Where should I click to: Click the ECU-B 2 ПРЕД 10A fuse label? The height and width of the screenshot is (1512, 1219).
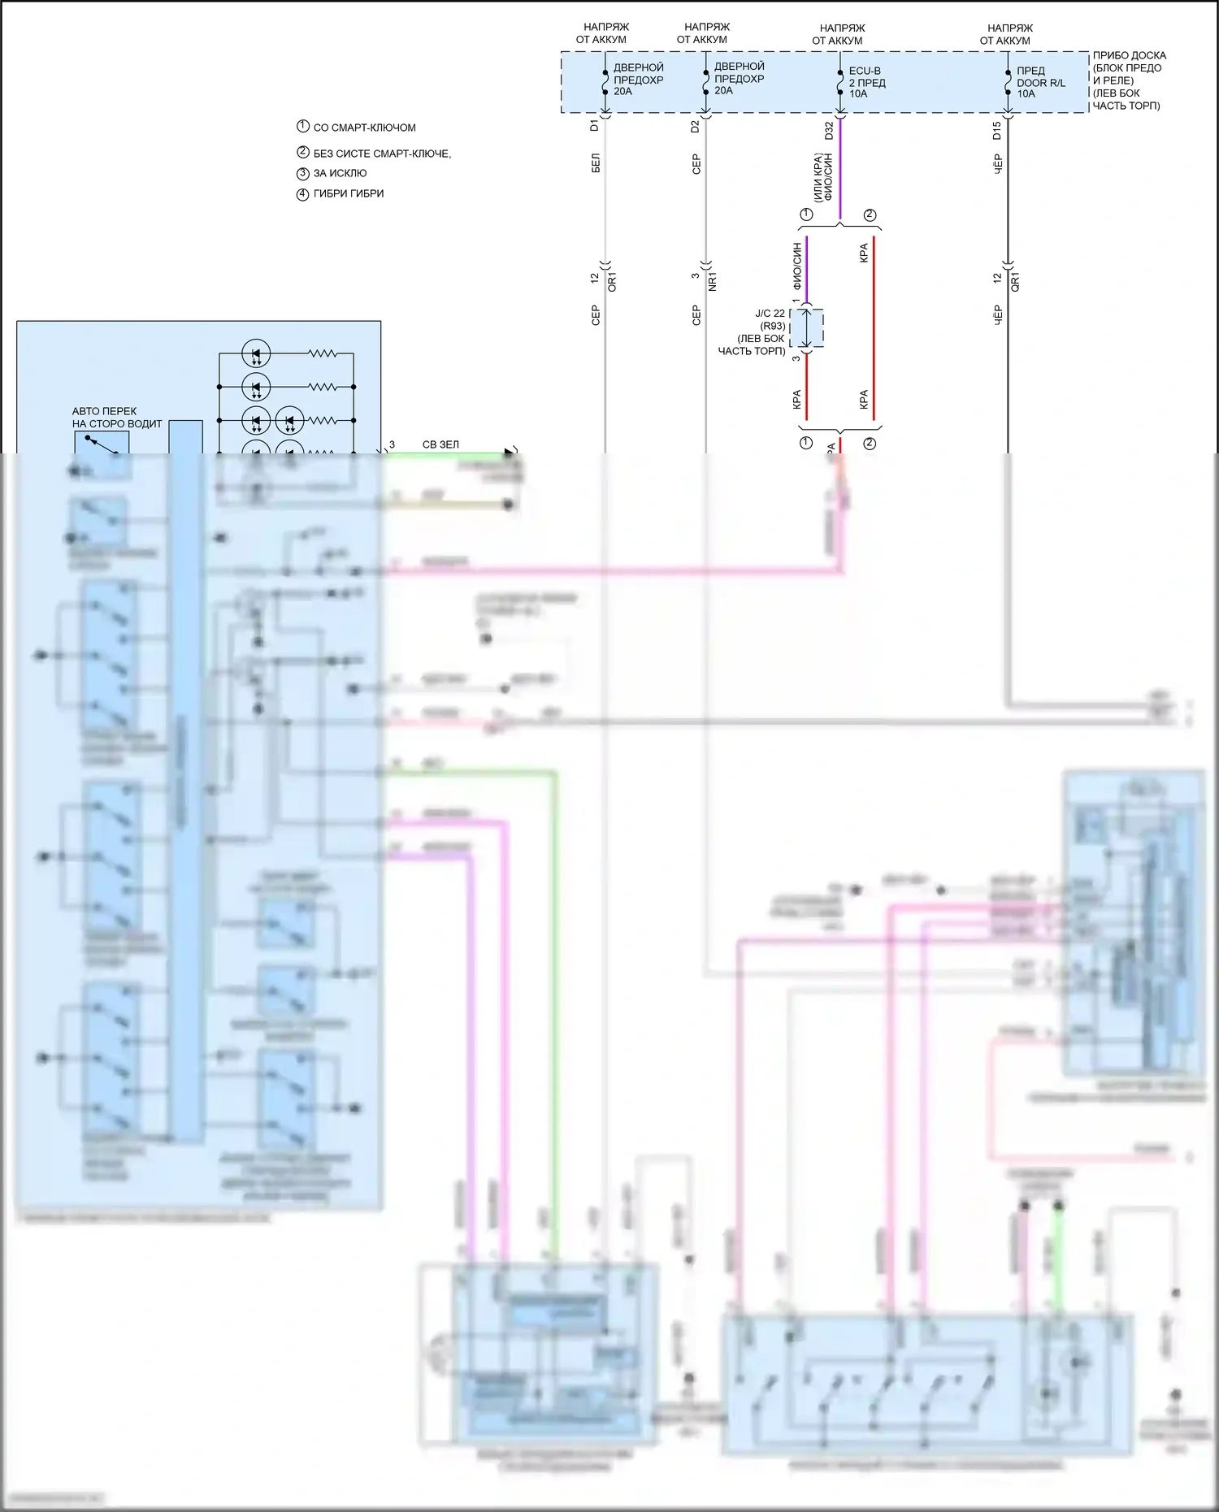[866, 82]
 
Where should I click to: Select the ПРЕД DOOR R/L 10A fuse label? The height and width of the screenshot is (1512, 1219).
[1040, 82]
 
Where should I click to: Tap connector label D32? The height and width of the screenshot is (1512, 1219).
[829, 130]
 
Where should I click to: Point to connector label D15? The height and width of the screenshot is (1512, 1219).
[997, 130]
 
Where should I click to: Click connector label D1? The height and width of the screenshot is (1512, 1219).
[594, 125]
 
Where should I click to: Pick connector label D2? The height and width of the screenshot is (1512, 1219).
[695, 126]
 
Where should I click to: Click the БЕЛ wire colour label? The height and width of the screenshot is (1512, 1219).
[596, 162]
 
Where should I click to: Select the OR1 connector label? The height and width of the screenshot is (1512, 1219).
[612, 282]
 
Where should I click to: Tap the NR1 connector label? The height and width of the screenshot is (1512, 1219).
[713, 282]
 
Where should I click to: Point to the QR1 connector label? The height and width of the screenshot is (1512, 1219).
[1015, 282]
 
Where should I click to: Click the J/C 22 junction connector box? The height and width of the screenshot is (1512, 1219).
[806, 328]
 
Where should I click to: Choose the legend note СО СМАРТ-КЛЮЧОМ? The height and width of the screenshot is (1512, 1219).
[364, 128]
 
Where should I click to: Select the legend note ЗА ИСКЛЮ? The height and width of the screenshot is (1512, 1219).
[340, 173]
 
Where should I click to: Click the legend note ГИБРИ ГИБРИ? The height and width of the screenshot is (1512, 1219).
[348, 193]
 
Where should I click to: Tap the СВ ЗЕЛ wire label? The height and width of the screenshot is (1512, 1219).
[440, 444]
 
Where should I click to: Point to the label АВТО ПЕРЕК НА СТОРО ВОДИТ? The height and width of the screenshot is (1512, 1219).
[116, 417]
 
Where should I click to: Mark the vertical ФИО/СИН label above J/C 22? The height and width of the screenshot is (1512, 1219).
[797, 265]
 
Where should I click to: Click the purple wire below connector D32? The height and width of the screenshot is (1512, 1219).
[840, 171]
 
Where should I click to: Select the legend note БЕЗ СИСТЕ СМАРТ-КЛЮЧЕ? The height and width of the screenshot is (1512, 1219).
[381, 153]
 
